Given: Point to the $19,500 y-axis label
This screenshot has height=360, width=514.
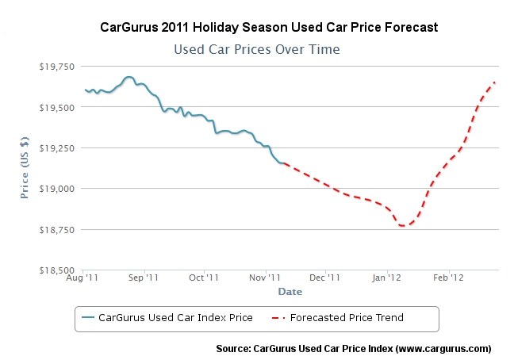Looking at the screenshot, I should tap(57, 106).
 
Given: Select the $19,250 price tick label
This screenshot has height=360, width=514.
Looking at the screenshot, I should tap(57, 147).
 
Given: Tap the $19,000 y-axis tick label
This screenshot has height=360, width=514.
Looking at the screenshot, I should tap(57, 189).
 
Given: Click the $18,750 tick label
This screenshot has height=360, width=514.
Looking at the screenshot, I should tap(57, 229).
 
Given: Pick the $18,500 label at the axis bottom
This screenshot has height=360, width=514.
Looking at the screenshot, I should tap(57, 270).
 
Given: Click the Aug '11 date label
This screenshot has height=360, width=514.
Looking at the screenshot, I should tap(83, 278).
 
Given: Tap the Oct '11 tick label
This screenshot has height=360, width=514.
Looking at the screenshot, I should tap(204, 278).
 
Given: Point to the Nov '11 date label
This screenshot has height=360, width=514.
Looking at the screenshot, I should tap(265, 278).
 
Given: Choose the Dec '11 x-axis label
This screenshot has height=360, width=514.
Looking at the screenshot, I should tap(324, 278).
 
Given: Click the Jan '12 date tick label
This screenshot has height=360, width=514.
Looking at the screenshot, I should tap(386, 278).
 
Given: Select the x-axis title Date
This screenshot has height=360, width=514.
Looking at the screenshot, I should tap(290, 292).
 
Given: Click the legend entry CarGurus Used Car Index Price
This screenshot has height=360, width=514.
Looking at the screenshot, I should tap(175, 318).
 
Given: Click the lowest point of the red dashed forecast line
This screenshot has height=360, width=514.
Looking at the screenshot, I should tap(404, 226).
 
